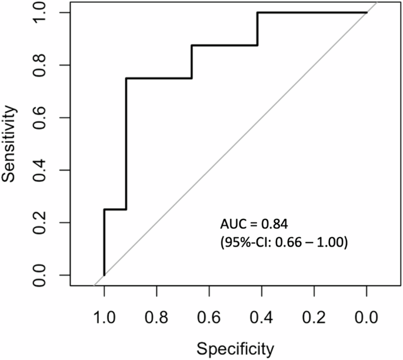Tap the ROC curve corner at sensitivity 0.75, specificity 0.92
[x=126, y=78]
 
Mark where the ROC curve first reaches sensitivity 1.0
[x=257, y=12]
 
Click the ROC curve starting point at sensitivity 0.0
[x=104, y=275]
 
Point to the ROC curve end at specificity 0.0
[x=367, y=12]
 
